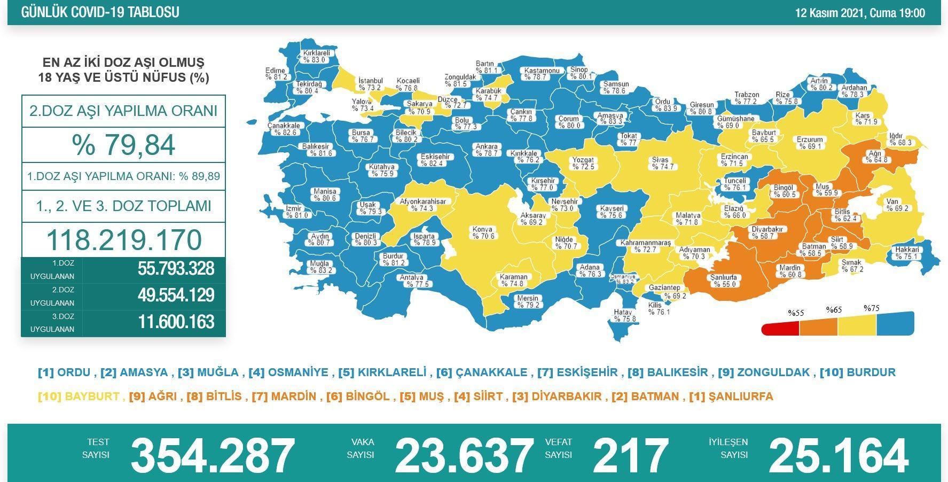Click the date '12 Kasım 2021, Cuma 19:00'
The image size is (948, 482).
tap(860, 13)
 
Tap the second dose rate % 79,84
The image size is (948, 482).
tap(123, 145)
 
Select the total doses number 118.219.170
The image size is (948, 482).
tap(124, 240)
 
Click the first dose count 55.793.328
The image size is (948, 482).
tap(176, 269)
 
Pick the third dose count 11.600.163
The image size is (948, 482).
tap(176, 322)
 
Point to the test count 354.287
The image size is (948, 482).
tap(213, 455)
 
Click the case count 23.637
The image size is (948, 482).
tap(464, 455)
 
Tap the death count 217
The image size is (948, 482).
tap(630, 455)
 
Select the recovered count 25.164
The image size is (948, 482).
tap(837, 455)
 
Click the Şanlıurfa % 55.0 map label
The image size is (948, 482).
tap(723, 281)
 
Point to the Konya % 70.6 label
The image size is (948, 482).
tap(483, 233)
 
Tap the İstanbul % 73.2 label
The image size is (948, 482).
tap(370, 84)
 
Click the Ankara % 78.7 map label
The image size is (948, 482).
tap(486, 150)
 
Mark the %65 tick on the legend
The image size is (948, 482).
tap(833, 310)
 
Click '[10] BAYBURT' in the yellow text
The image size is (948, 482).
tap(78, 397)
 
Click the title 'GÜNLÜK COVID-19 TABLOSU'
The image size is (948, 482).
tap(100, 12)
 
